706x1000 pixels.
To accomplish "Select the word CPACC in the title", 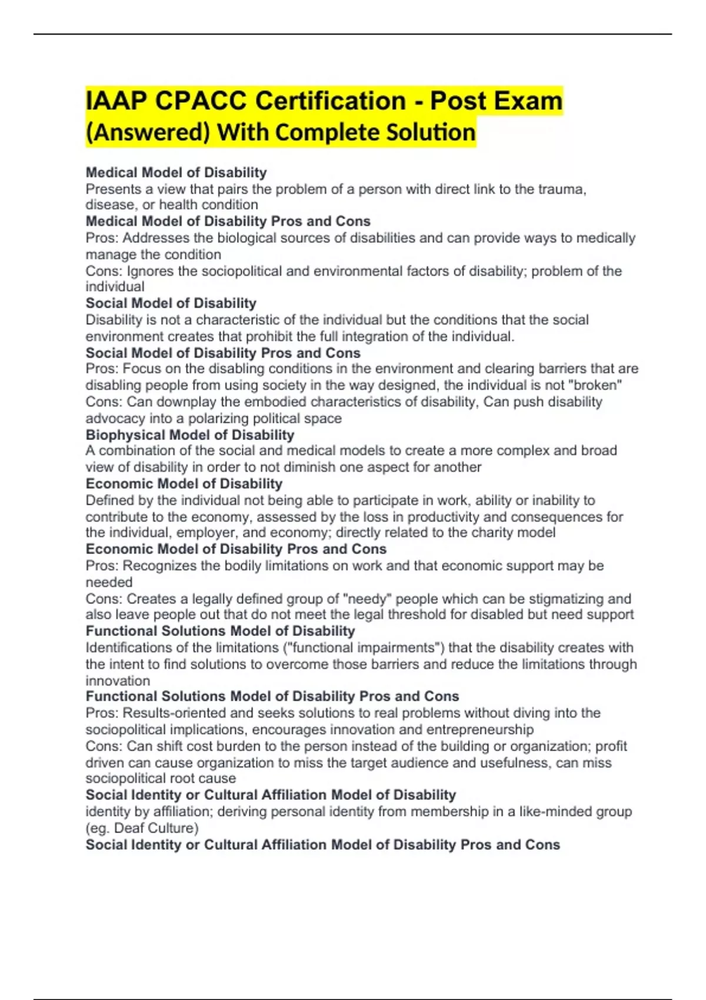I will (x=201, y=101).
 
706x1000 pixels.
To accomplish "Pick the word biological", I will (x=248, y=238).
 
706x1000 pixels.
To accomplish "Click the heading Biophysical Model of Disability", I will (x=189, y=435).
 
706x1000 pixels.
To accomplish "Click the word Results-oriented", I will (x=174, y=713).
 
